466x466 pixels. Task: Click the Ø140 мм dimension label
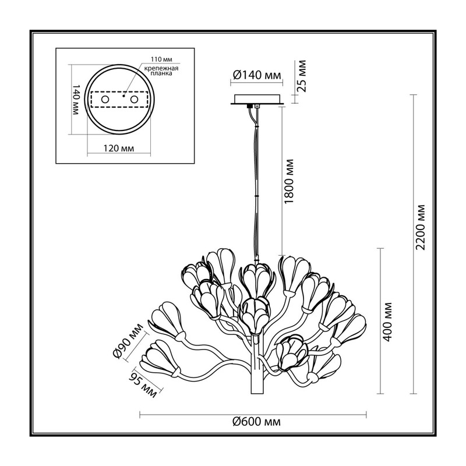(x=257, y=75)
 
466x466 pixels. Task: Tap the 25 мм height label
(x=302, y=76)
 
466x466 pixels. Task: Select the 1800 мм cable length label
(x=288, y=182)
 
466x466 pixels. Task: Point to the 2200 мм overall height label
(x=421, y=227)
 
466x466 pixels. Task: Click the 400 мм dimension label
(x=387, y=322)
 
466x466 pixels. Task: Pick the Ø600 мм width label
(x=256, y=421)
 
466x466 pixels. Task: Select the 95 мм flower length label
(x=143, y=384)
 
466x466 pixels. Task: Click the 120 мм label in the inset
(x=119, y=148)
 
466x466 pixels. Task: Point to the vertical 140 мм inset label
(x=76, y=100)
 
